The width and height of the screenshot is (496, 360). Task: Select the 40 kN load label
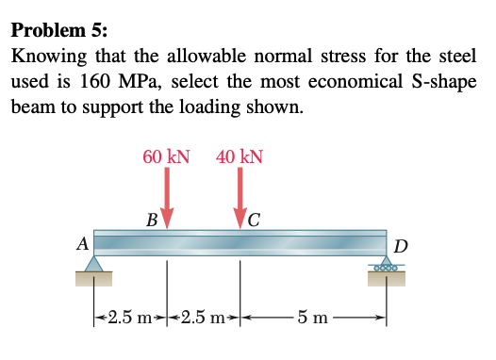tap(240, 155)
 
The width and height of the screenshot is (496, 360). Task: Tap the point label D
tap(401, 247)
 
